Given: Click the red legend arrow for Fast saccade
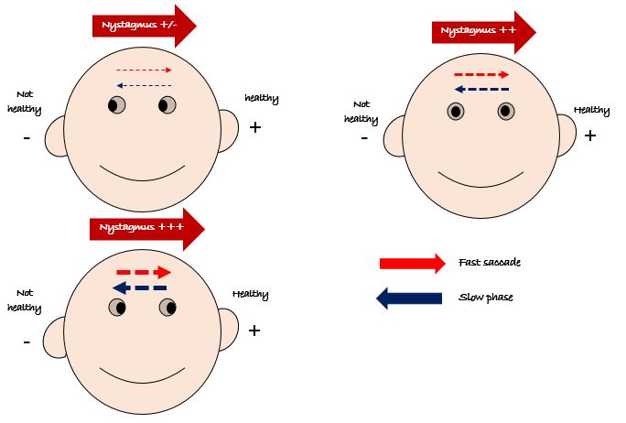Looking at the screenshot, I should (412, 264).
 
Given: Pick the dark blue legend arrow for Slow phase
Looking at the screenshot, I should (412, 298).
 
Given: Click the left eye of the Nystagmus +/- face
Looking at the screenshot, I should (116, 105).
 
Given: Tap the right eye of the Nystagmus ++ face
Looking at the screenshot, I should (506, 112).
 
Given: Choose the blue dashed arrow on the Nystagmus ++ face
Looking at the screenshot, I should (482, 90).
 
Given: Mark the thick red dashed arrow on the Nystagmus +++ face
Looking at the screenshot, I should (144, 272).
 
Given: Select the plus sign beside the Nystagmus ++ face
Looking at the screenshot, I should (590, 136).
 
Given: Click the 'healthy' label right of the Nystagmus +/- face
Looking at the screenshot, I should (262, 98).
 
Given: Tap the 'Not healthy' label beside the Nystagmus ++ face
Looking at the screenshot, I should (362, 111).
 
